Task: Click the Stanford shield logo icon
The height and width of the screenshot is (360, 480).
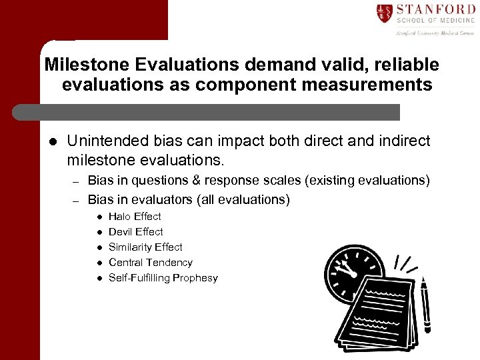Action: tap(383, 13)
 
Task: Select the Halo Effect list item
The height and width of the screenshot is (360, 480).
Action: tap(135, 217)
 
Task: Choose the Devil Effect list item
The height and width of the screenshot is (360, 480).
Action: tap(135, 232)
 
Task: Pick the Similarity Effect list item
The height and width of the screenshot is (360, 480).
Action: tap(145, 247)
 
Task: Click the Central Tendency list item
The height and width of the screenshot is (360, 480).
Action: tap(150, 263)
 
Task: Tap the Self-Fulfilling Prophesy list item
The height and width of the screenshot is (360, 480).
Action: tap(163, 278)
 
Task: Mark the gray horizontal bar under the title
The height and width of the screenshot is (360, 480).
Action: tap(207, 112)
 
